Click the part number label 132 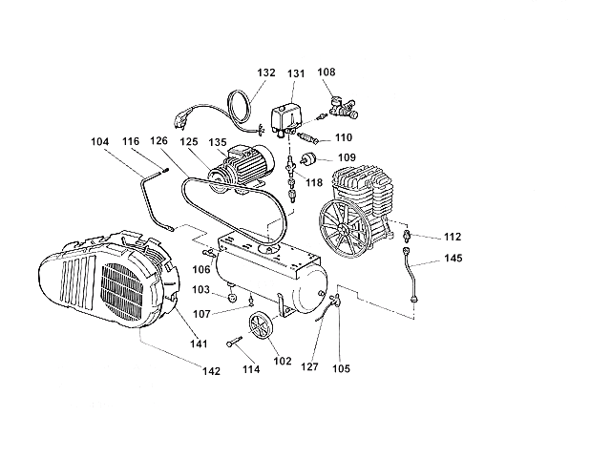pyautogui.click(x=266, y=73)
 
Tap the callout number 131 pyautogui.click(x=296, y=73)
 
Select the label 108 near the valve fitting pyautogui.click(x=327, y=72)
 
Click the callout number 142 pyautogui.click(x=210, y=370)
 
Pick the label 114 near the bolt pyautogui.click(x=251, y=369)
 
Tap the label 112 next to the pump pyautogui.click(x=453, y=237)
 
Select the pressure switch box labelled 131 pyautogui.click(x=287, y=116)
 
